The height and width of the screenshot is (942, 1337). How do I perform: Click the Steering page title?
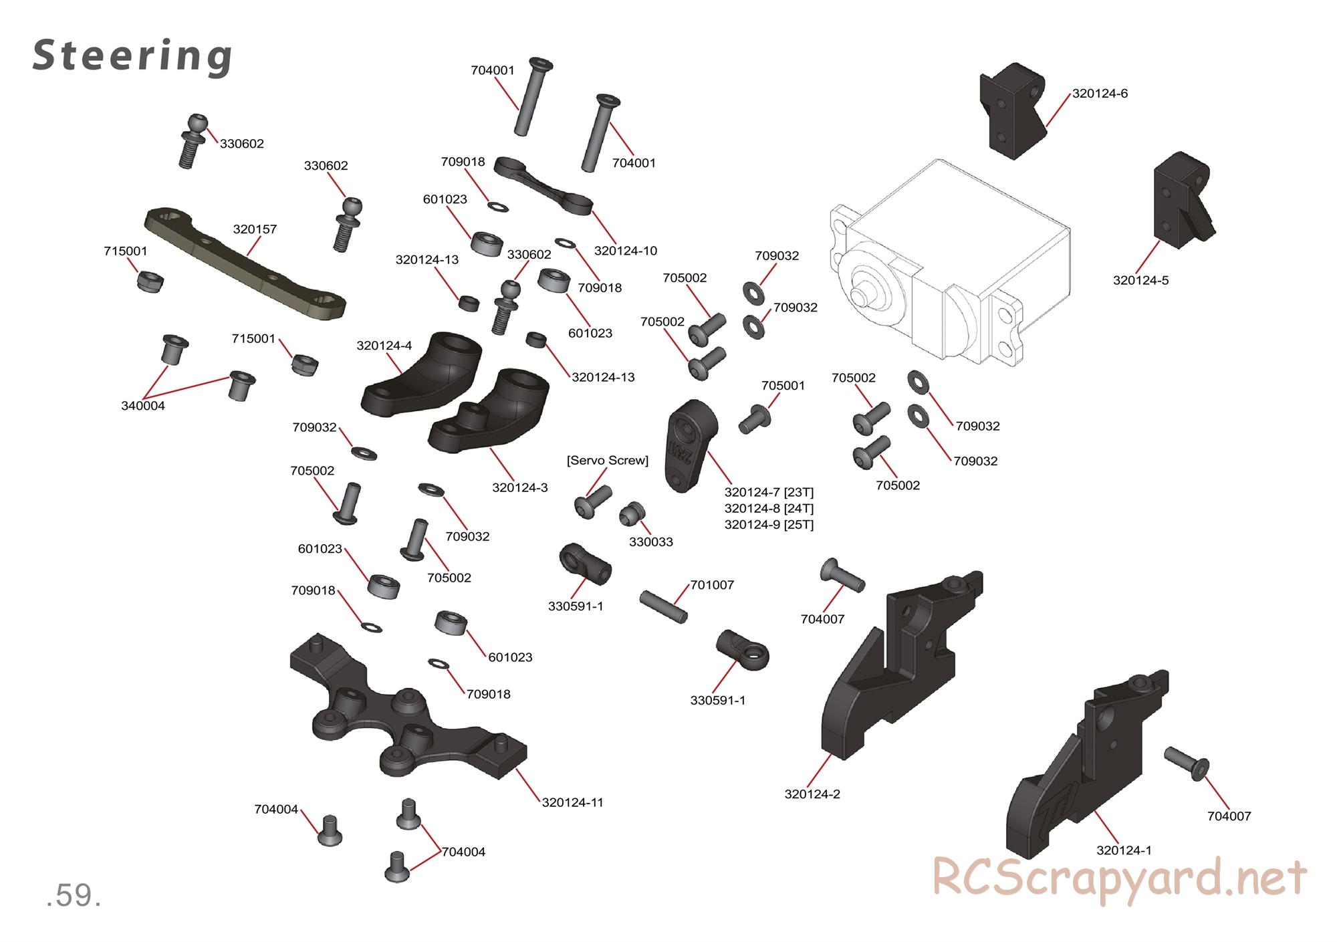[x=132, y=56]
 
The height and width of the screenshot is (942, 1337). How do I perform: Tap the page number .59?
[x=74, y=896]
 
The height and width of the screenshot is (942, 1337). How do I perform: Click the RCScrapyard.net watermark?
[x=1119, y=878]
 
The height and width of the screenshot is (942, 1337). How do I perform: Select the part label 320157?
[x=255, y=229]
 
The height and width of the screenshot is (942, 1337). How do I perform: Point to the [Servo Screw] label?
[x=607, y=461]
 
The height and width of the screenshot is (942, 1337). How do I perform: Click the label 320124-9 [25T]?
[x=769, y=525]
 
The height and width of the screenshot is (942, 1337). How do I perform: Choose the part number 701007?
[x=711, y=585]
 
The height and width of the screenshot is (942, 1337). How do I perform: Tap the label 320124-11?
[x=572, y=802]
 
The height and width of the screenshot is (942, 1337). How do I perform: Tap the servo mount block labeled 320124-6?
[x=1013, y=110]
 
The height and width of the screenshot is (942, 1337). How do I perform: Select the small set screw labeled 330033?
[x=632, y=515]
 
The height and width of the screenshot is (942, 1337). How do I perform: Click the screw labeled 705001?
[x=754, y=419]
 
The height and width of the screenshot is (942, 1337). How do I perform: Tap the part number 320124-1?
[x=1124, y=850]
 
